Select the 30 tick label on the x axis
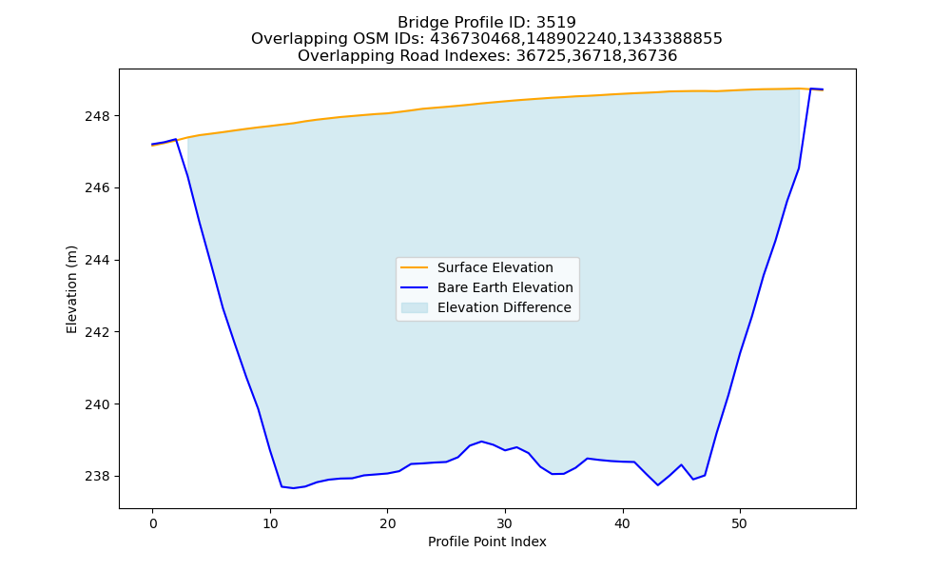505,523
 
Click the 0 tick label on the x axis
153,523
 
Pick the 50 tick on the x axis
740,523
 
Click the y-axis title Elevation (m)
71,289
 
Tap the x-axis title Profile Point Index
487,541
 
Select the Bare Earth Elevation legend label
505,287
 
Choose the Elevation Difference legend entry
486,307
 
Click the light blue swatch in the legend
415,307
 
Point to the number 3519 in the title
556,23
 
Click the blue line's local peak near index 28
481,442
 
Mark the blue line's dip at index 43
657,484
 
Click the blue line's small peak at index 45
681,464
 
